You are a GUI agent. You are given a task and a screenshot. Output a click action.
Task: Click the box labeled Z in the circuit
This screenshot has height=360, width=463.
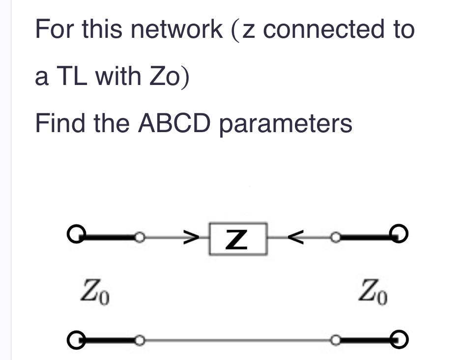[238, 239]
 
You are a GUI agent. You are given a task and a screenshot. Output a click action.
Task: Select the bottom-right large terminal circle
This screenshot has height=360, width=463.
[401, 339]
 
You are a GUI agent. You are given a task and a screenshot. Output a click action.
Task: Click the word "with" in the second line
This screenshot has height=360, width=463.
[117, 77]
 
